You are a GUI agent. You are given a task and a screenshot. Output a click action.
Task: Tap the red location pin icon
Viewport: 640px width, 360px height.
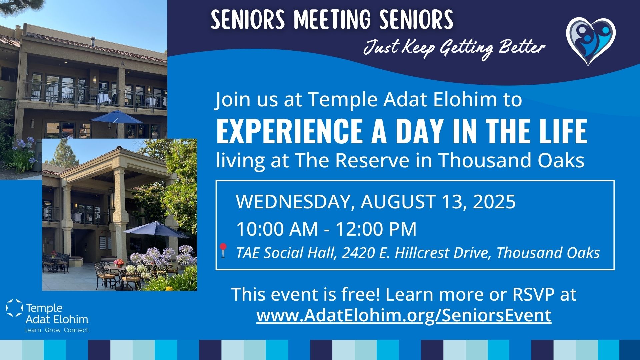[223, 250]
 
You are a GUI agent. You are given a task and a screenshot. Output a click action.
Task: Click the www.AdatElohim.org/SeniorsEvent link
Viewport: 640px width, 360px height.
[404, 315]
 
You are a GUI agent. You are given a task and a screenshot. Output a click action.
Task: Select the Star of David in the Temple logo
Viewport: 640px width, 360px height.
[14, 308]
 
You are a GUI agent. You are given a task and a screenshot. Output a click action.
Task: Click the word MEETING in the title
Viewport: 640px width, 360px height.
[332, 19]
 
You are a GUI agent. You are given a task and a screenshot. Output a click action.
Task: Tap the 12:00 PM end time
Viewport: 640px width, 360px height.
[376, 229]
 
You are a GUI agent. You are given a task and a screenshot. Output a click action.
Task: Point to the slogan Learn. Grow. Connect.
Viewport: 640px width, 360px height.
[58, 330]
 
